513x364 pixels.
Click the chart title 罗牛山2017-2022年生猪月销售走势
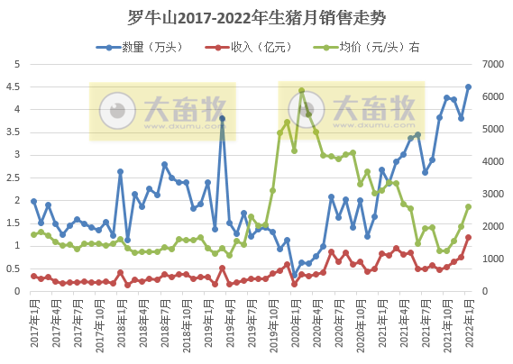coord(256,16)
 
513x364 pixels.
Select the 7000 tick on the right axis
coord(495,64)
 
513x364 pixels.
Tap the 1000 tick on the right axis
coord(495,259)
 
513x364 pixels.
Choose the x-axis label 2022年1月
coord(467,326)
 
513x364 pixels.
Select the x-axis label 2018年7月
coord(163,326)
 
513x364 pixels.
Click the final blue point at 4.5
coord(468,87)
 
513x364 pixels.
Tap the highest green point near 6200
coord(301,91)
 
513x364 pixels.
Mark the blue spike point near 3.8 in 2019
coord(222,119)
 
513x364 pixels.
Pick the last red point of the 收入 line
coord(468,238)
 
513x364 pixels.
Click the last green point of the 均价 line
coord(468,206)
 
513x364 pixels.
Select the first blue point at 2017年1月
coord(33,201)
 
